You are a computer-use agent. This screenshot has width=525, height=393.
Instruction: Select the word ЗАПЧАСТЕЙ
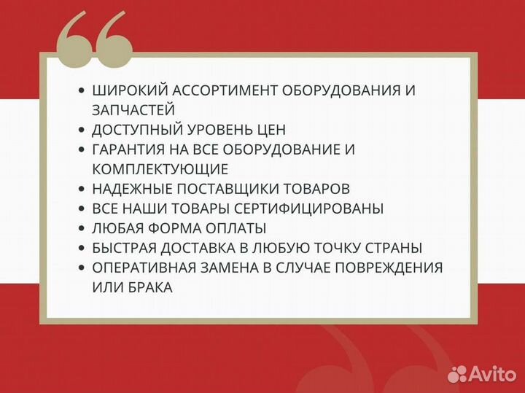(133, 110)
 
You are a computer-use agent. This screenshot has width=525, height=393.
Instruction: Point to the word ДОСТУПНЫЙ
(135, 130)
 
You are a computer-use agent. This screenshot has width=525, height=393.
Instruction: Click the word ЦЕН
(271, 130)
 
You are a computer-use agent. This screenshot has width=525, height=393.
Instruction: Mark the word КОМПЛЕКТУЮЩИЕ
(160, 169)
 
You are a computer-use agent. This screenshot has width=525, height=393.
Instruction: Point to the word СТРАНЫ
(396, 248)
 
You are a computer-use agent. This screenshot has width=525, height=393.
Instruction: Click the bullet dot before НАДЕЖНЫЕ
(82, 189)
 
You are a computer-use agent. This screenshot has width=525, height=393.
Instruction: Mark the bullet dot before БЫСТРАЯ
(82, 248)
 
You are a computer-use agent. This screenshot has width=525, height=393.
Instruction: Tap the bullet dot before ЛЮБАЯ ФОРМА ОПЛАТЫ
(82, 228)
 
